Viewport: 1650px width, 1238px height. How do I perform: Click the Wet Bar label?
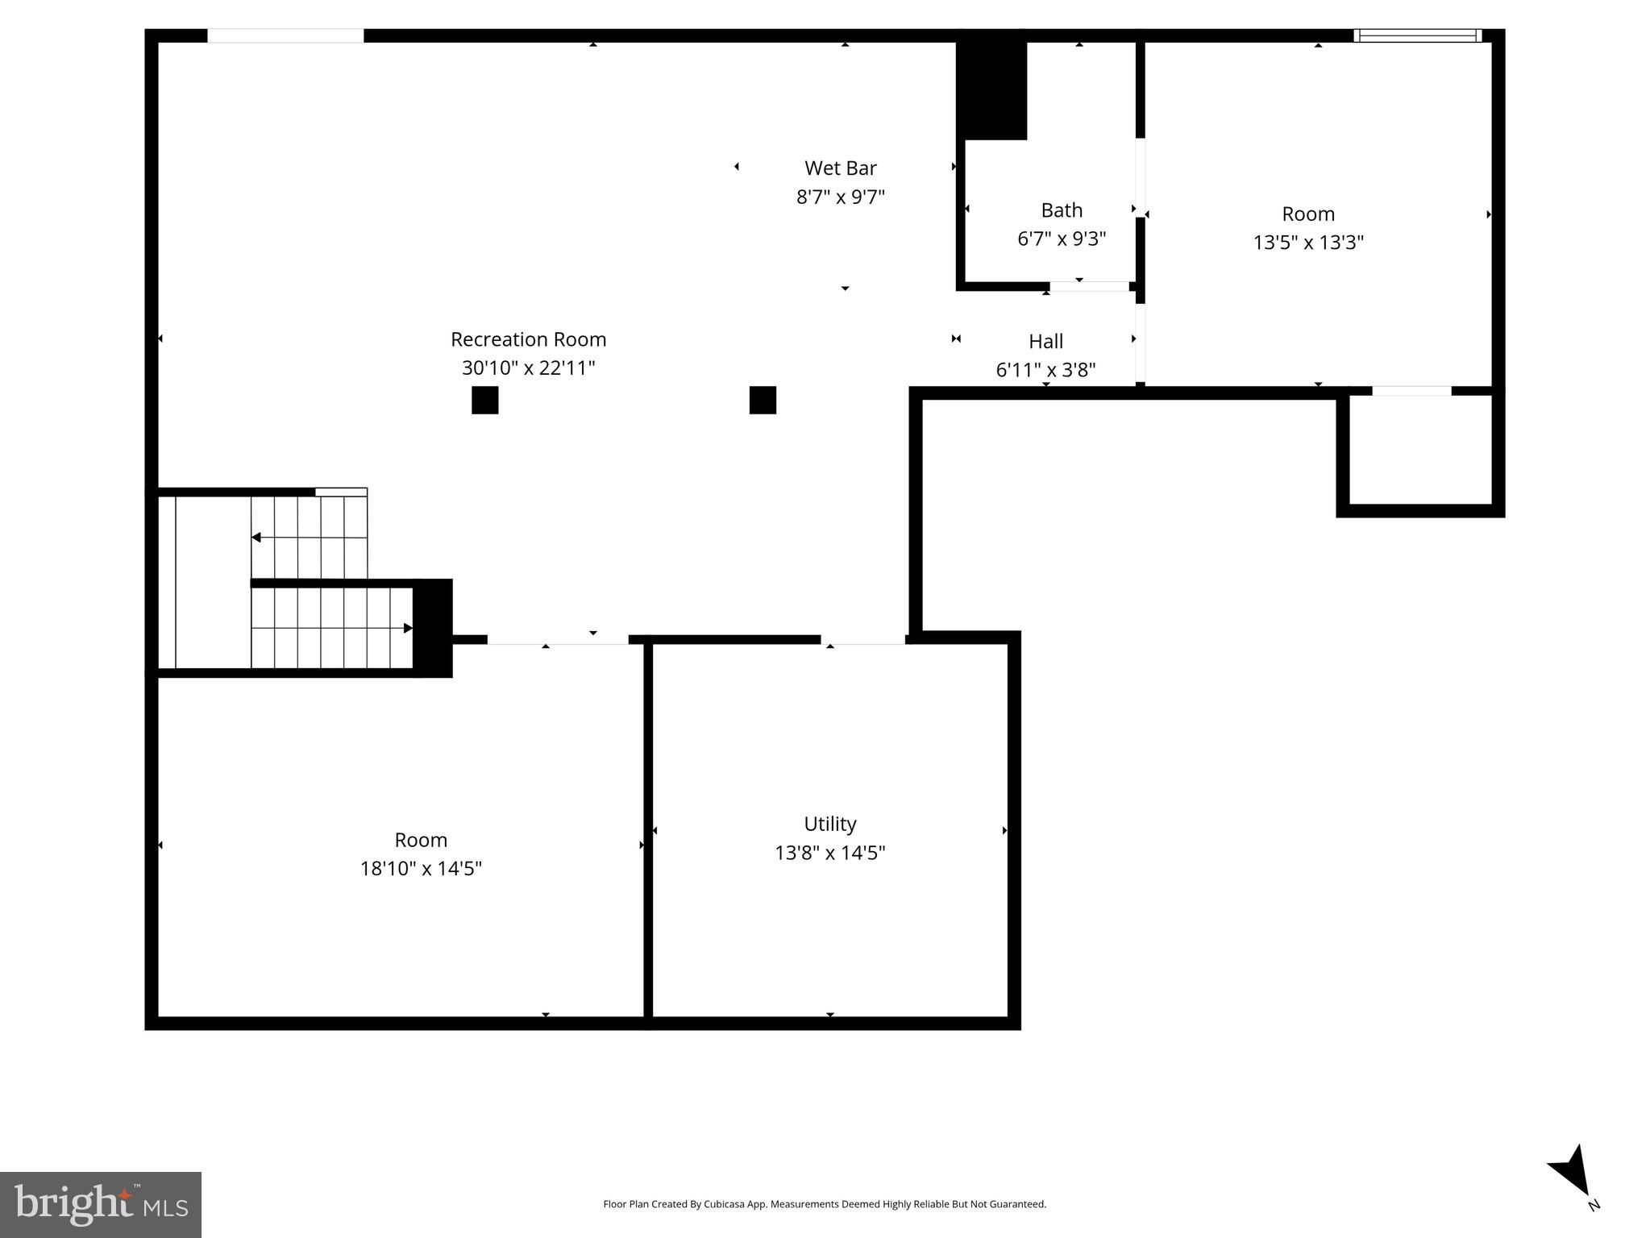tap(840, 168)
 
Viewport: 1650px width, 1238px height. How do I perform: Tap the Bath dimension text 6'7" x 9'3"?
tap(1061, 239)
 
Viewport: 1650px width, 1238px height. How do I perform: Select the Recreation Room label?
tap(528, 339)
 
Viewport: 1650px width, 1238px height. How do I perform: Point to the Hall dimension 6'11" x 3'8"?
tap(1045, 370)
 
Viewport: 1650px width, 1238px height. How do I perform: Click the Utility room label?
tap(829, 824)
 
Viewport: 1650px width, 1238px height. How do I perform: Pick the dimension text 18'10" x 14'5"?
tap(421, 868)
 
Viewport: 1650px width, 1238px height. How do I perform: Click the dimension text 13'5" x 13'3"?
tap(1307, 242)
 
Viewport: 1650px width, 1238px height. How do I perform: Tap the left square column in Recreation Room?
tap(484, 400)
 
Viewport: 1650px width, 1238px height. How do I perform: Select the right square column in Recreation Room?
tap(763, 400)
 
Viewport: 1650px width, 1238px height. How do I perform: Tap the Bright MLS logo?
tap(100, 1204)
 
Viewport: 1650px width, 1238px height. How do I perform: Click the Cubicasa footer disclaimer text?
tap(824, 1204)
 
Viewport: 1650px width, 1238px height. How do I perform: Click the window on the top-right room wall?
tap(1417, 35)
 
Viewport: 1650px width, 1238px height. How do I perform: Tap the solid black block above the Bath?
tap(991, 89)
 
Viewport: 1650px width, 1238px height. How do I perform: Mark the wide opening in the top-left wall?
tap(285, 35)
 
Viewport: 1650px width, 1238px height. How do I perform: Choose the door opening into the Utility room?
tap(862, 640)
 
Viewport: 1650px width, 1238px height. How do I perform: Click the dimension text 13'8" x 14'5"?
tap(829, 853)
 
